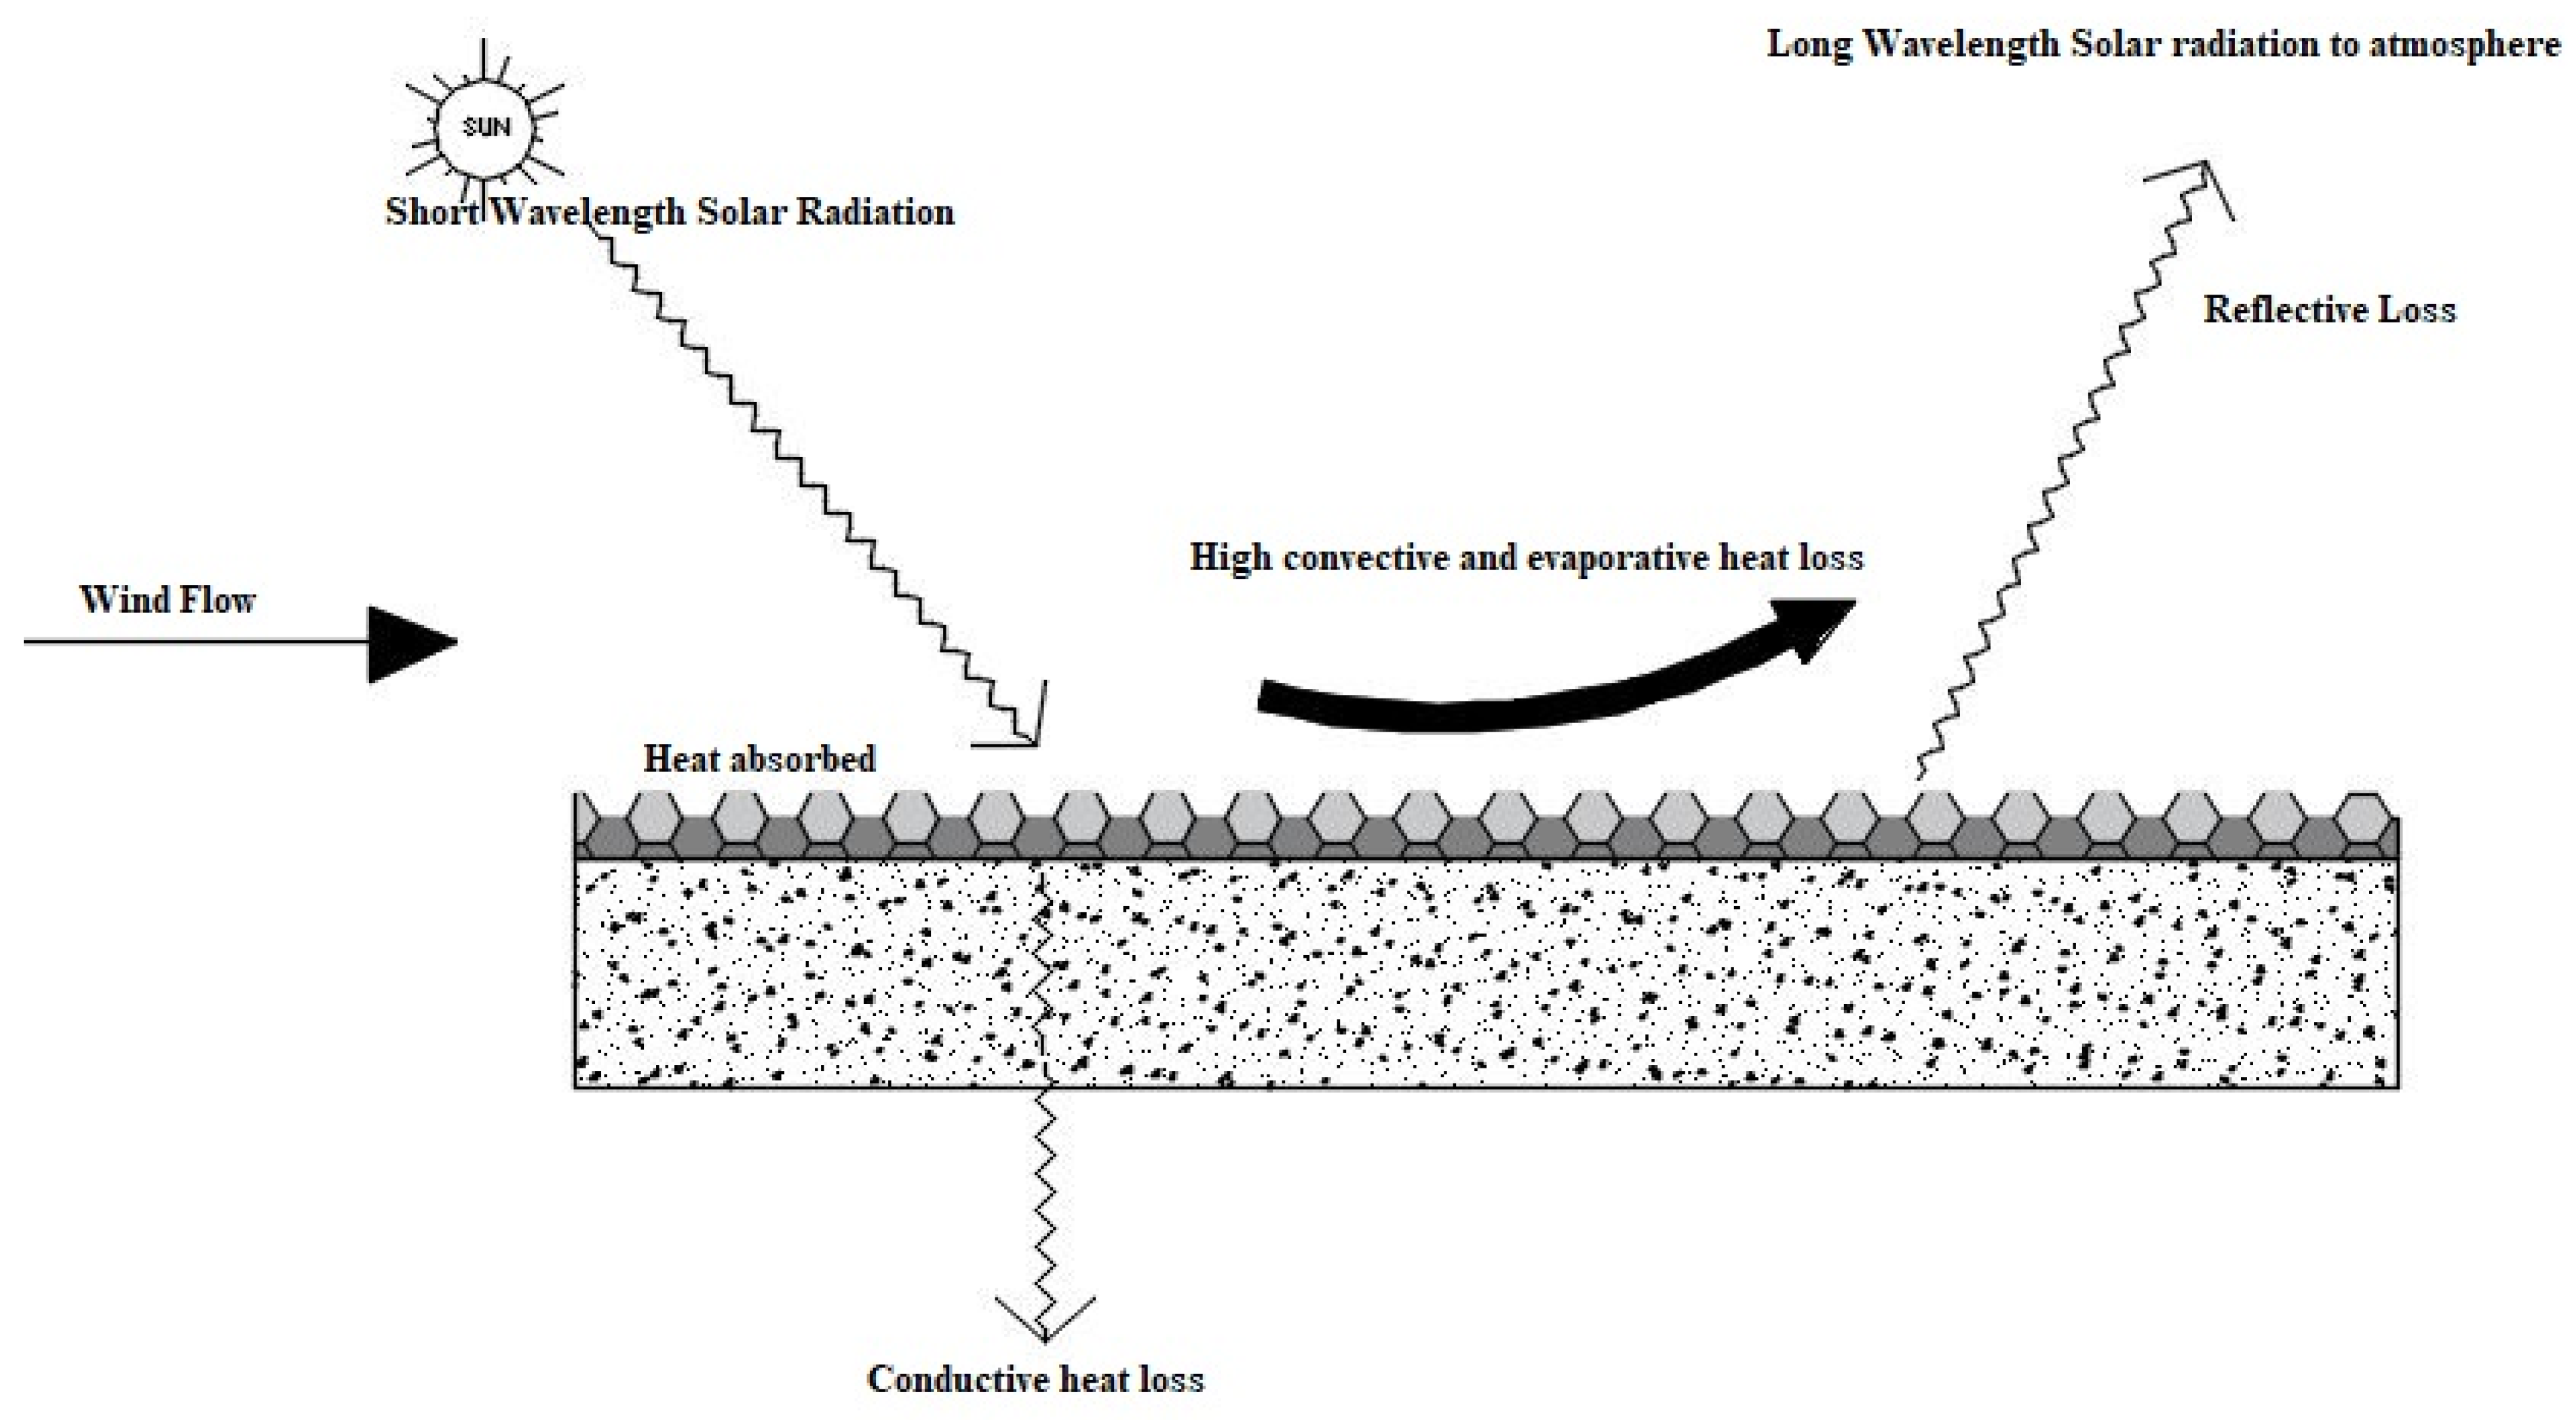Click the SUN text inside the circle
click(486, 127)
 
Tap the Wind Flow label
click(168, 600)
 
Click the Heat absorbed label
click(759, 759)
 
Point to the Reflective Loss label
click(2328, 310)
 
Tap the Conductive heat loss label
click(1035, 1379)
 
